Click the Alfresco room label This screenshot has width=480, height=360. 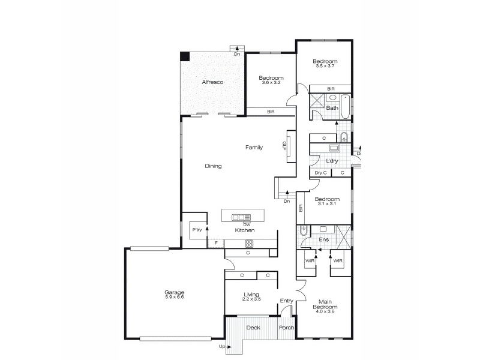tap(212, 82)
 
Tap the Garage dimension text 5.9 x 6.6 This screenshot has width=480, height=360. tap(174, 296)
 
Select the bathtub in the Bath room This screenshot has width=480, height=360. tap(346, 107)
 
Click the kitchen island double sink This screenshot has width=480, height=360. tap(241, 218)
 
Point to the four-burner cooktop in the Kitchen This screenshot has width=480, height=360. tap(249, 244)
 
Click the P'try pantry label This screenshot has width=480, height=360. tap(197, 230)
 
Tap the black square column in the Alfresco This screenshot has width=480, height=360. tap(185, 56)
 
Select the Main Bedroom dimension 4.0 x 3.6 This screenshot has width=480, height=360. tap(325, 311)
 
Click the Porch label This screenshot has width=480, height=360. tap(287, 328)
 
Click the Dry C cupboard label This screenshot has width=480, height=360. tap(320, 173)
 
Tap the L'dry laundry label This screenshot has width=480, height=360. tap(332, 161)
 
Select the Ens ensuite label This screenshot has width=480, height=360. tap(324, 239)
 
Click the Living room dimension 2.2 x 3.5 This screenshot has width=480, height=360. tap(251, 299)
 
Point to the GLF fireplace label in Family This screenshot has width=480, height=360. tap(284, 146)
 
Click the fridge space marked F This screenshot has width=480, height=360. tap(216, 244)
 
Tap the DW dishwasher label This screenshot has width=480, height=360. tap(247, 224)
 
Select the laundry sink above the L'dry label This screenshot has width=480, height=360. tap(334, 148)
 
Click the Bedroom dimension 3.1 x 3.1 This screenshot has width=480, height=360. tap(327, 203)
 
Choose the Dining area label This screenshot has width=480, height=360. tap(213, 166)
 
